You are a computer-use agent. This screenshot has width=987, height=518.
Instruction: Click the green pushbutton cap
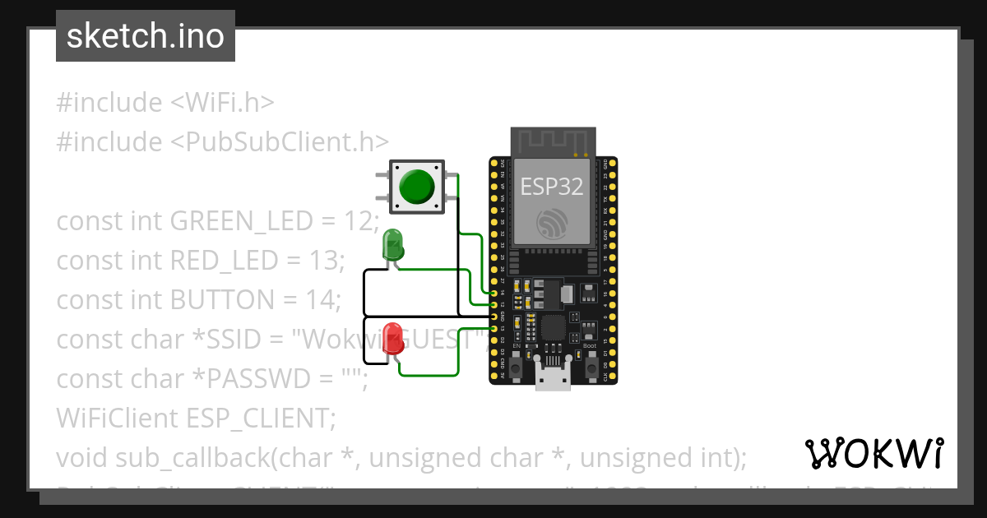[417, 187]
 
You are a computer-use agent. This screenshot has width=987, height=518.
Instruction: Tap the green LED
[393, 246]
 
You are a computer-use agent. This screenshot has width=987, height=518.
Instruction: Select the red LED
[393, 339]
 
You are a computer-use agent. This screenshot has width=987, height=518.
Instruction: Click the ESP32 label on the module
[552, 187]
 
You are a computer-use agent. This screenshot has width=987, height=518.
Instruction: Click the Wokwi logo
[873, 453]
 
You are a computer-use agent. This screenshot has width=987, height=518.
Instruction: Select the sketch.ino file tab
[146, 36]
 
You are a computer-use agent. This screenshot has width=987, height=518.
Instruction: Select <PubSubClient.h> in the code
[280, 142]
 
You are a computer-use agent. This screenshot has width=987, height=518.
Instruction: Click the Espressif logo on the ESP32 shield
[552, 223]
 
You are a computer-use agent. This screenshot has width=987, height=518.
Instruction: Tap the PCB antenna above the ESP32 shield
[552, 141]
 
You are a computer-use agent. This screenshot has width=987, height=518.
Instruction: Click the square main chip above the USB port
[552, 326]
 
